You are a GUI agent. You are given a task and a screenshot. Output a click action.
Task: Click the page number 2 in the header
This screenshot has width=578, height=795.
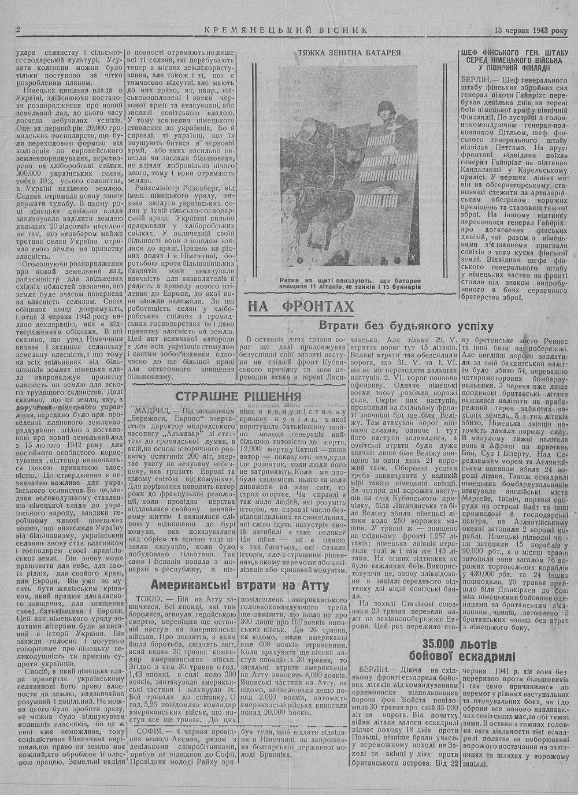point(19,30)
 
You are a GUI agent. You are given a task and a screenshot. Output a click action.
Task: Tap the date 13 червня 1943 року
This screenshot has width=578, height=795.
point(531,30)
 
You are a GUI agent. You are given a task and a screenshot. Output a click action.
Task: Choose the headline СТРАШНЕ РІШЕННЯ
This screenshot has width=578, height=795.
point(238,396)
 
